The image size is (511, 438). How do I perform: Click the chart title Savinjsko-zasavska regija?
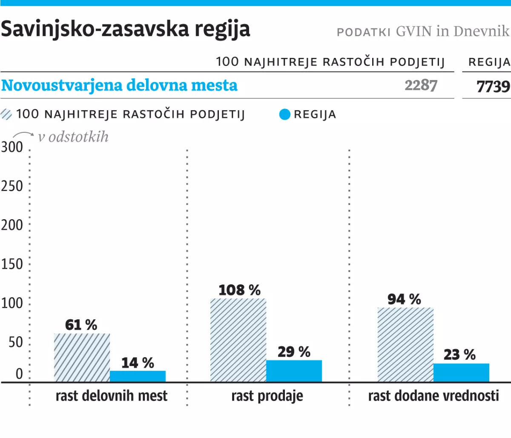pyautogui.click(x=125, y=30)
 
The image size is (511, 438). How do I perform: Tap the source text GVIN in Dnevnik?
pyautogui.click(x=452, y=31)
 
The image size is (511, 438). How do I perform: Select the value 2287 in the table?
pyautogui.click(x=421, y=86)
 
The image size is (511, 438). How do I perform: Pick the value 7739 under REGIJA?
pyautogui.click(x=493, y=86)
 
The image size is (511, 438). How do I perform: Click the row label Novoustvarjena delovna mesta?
pyautogui.click(x=119, y=86)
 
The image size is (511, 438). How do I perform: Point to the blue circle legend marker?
pyautogui.click(x=284, y=115)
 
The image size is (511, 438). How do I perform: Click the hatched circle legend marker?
pyautogui.click(x=6, y=115)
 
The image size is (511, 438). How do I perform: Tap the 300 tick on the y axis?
pyautogui.click(x=12, y=147)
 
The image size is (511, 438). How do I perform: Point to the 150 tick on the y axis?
pyautogui.click(x=12, y=264)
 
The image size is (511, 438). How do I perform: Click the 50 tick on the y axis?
pyautogui.click(x=16, y=342)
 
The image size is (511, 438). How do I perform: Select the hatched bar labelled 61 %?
pyautogui.click(x=82, y=358)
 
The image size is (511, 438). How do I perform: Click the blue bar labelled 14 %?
pyautogui.click(x=138, y=376)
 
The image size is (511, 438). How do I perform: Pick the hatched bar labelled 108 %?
pyautogui.click(x=238, y=340)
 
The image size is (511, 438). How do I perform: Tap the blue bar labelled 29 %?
pyautogui.click(x=294, y=371)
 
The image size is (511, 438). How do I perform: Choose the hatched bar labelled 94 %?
pyautogui.click(x=405, y=345)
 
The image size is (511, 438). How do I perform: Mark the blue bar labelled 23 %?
pyautogui.click(x=461, y=372)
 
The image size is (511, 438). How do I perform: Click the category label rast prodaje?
pyautogui.click(x=267, y=396)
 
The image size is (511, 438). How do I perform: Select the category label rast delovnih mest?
pyautogui.click(x=112, y=396)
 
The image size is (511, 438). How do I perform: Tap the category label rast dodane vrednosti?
pyautogui.click(x=433, y=396)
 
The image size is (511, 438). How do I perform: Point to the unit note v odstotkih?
pyautogui.click(x=73, y=137)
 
